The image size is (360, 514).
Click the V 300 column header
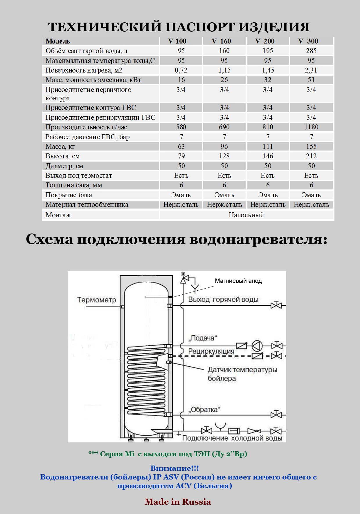308,41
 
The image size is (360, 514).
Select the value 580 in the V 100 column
181,127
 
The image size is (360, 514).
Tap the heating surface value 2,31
311,70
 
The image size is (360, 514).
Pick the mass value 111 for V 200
268,146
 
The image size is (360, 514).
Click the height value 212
311,156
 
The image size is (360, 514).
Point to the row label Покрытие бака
69,195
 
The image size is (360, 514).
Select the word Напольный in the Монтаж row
246,215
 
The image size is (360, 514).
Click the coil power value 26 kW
224,80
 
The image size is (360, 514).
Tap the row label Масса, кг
60,146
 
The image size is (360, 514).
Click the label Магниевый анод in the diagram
238,281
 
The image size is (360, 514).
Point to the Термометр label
97,300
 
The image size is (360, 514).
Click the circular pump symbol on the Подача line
257,345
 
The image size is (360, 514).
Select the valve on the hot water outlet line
276,305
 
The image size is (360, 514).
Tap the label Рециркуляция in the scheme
211,351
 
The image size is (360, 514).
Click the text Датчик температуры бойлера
242,374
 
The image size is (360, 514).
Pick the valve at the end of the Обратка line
276,415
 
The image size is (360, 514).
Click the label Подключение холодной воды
232,438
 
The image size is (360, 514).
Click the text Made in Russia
178,502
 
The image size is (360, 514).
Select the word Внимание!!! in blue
174,468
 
